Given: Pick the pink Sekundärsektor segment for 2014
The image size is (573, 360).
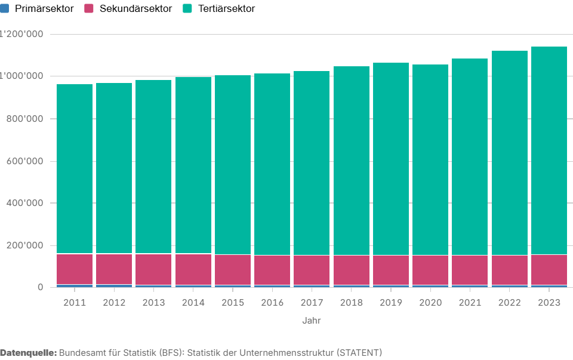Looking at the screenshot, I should click(x=193, y=269).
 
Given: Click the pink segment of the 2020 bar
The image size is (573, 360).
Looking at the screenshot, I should click(x=430, y=270).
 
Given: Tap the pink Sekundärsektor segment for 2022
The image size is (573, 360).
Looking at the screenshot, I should click(x=509, y=270).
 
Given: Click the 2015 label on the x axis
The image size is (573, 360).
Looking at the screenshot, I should click(x=232, y=303).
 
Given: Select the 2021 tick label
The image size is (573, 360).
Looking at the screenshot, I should click(x=470, y=303).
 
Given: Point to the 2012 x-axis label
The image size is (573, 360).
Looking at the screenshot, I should click(x=114, y=303).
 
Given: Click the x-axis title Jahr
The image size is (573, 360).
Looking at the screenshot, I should click(x=312, y=321).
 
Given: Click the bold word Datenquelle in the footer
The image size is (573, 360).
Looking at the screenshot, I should click(x=28, y=352).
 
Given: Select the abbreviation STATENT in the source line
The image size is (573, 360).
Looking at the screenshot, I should click(x=358, y=352).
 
